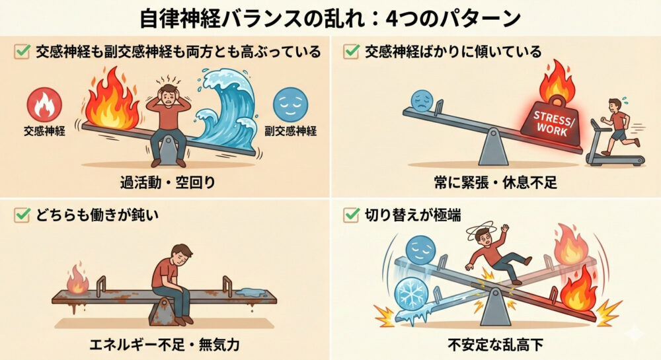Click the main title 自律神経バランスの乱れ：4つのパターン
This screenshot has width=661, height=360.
pos(330,18)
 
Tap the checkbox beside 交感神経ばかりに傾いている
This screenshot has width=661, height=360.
pos(351,52)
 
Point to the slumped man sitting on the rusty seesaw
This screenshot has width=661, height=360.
pos(174,277)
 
